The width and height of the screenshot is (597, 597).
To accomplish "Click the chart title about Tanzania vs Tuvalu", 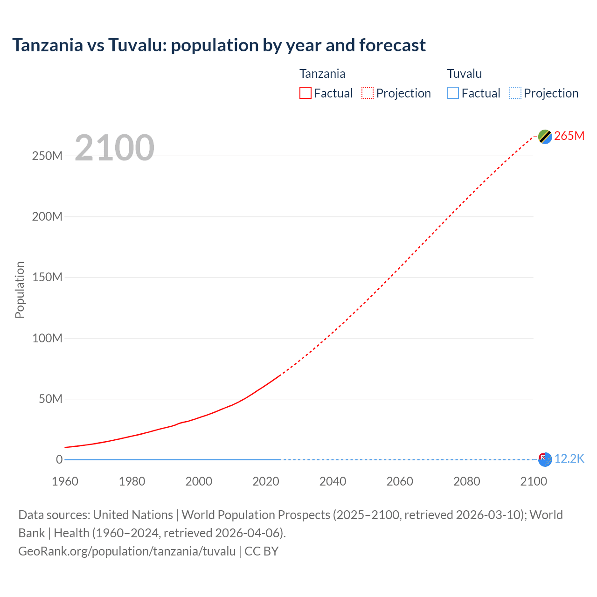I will [219, 45].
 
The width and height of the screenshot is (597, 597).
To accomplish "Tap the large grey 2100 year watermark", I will [114, 148].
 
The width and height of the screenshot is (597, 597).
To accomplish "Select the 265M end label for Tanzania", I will [569, 136].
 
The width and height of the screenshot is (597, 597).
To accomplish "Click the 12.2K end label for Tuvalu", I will [569, 458].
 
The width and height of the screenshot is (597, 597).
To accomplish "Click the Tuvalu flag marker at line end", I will [545, 459].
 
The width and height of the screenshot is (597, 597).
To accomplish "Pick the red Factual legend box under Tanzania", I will [305, 93].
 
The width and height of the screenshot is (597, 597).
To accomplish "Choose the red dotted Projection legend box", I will [368, 93].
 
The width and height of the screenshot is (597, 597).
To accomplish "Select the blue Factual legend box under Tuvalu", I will [453, 93].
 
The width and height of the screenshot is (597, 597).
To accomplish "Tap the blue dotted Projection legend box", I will [515, 93].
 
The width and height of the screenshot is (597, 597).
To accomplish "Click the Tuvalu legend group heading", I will [464, 74].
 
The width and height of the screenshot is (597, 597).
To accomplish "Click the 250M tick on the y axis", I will [47, 156].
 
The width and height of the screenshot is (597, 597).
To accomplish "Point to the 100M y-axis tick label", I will [47, 338].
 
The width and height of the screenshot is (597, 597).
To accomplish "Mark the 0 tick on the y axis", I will [59, 459].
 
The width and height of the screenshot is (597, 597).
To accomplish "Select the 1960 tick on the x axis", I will [65, 481].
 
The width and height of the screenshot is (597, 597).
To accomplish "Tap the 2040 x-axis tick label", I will [333, 481].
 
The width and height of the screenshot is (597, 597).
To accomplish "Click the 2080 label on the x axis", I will [466, 481].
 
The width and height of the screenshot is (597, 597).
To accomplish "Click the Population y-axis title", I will [20, 290].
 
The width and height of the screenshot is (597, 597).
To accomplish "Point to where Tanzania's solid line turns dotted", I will [280, 375].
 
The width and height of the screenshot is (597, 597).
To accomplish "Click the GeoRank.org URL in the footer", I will [127, 551].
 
